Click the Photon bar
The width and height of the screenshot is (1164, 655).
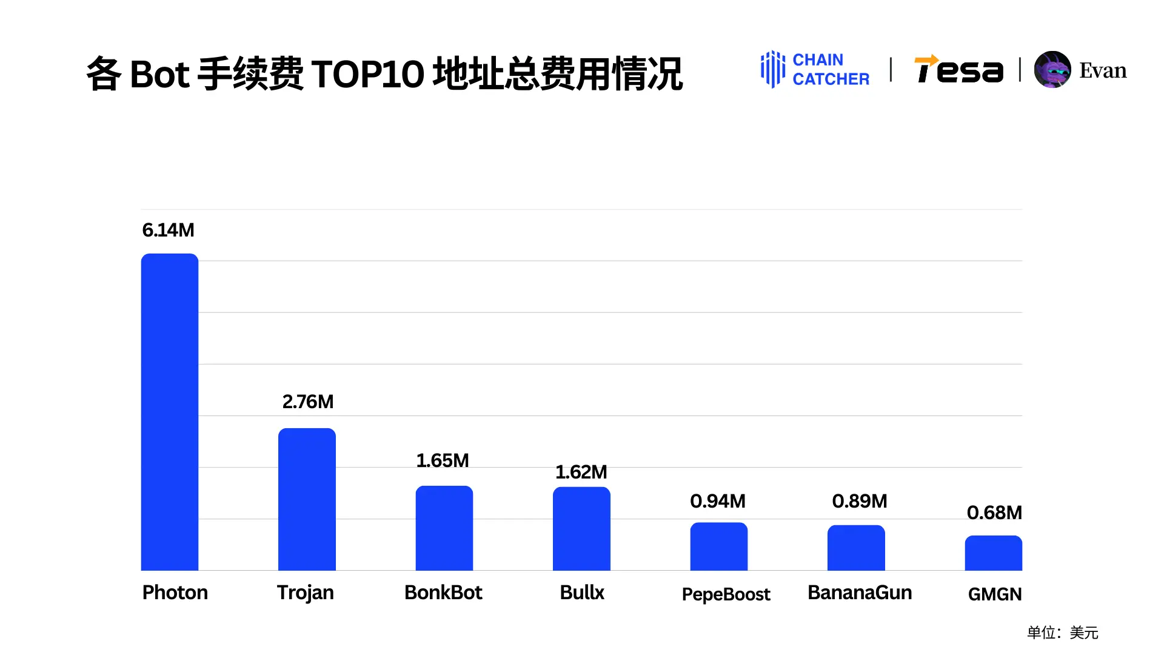(170, 412)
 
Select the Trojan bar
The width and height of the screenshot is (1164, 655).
(307, 500)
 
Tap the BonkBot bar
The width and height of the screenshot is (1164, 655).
(444, 528)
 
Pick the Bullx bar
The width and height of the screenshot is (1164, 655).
(581, 529)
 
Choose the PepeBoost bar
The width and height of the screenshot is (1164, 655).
(719, 546)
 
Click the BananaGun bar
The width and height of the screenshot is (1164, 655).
(856, 548)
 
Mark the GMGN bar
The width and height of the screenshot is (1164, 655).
(993, 553)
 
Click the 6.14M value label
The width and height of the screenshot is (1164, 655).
(168, 230)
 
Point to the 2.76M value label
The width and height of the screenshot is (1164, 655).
(308, 402)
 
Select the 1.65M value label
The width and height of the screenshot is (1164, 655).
(443, 461)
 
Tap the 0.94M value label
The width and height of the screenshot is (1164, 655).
(718, 502)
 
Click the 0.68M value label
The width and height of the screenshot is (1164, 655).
(994, 513)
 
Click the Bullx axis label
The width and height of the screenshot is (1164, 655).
(582, 593)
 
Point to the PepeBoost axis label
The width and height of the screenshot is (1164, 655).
(726, 594)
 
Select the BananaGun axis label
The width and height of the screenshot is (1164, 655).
(860, 593)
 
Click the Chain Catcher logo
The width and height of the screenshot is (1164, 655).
(815, 70)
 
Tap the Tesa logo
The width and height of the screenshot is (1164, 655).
(958, 70)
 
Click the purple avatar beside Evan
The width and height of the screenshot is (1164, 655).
(1052, 70)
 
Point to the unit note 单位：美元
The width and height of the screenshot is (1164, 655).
(1062, 633)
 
